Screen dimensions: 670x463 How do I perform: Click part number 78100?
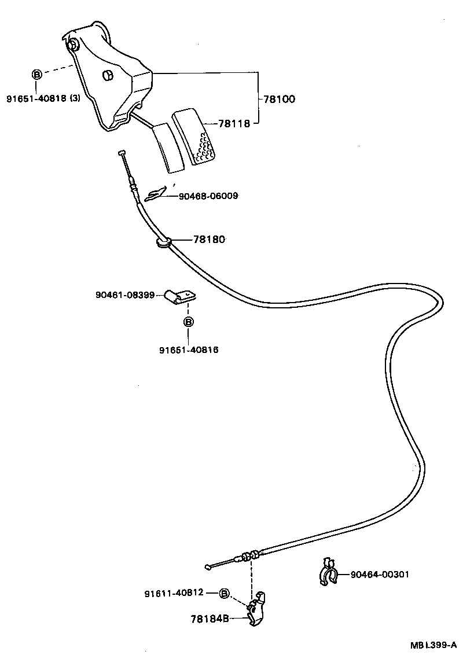point(279,99)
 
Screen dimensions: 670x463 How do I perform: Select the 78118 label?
point(234,123)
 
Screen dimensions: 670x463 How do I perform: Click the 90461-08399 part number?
point(125,295)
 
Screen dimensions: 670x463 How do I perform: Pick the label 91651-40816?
point(189,349)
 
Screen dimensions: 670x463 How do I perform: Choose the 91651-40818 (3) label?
point(43,98)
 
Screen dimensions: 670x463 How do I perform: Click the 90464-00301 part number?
point(380,575)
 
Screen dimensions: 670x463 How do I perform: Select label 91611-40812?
point(174,592)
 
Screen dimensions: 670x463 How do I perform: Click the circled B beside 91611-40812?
point(225,592)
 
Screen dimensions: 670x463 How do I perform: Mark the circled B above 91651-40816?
point(189,322)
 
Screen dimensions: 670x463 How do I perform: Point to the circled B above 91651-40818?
point(36,74)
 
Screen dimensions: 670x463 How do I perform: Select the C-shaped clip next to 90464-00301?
point(329,573)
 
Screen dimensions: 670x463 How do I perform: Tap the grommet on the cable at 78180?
point(163,241)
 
